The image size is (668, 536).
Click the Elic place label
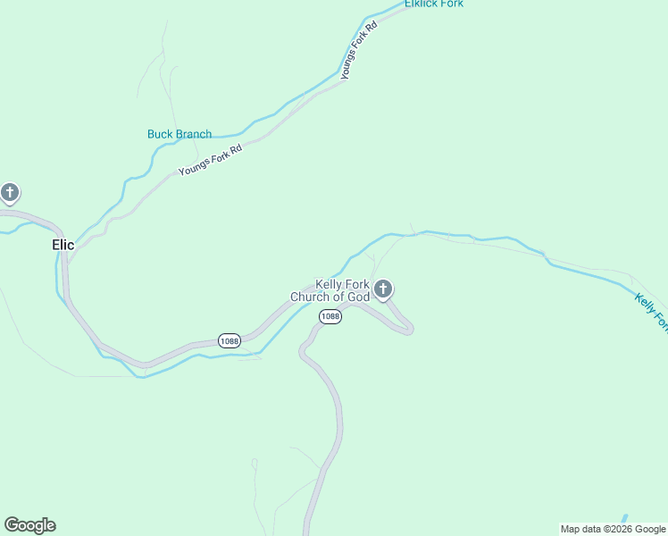click(63, 245)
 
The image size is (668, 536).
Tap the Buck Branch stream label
click(180, 135)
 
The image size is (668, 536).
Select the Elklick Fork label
click(434, 4)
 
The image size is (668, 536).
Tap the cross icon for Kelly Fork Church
click(383, 289)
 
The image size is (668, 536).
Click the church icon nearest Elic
click(10, 192)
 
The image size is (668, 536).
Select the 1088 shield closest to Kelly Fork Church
click(330, 317)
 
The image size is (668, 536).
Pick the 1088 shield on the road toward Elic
click(230, 341)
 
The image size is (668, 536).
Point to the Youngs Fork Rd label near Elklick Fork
click(359, 51)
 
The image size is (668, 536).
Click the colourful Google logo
click(29, 525)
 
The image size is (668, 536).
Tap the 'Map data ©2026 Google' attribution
click(614, 529)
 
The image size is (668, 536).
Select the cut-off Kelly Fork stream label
click(651, 312)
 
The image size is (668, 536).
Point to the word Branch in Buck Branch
click(194, 135)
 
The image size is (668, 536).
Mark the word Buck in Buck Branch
click(160, 135)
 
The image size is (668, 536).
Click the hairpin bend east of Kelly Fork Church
click(409, 329)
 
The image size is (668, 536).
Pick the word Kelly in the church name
click(330, 284)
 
